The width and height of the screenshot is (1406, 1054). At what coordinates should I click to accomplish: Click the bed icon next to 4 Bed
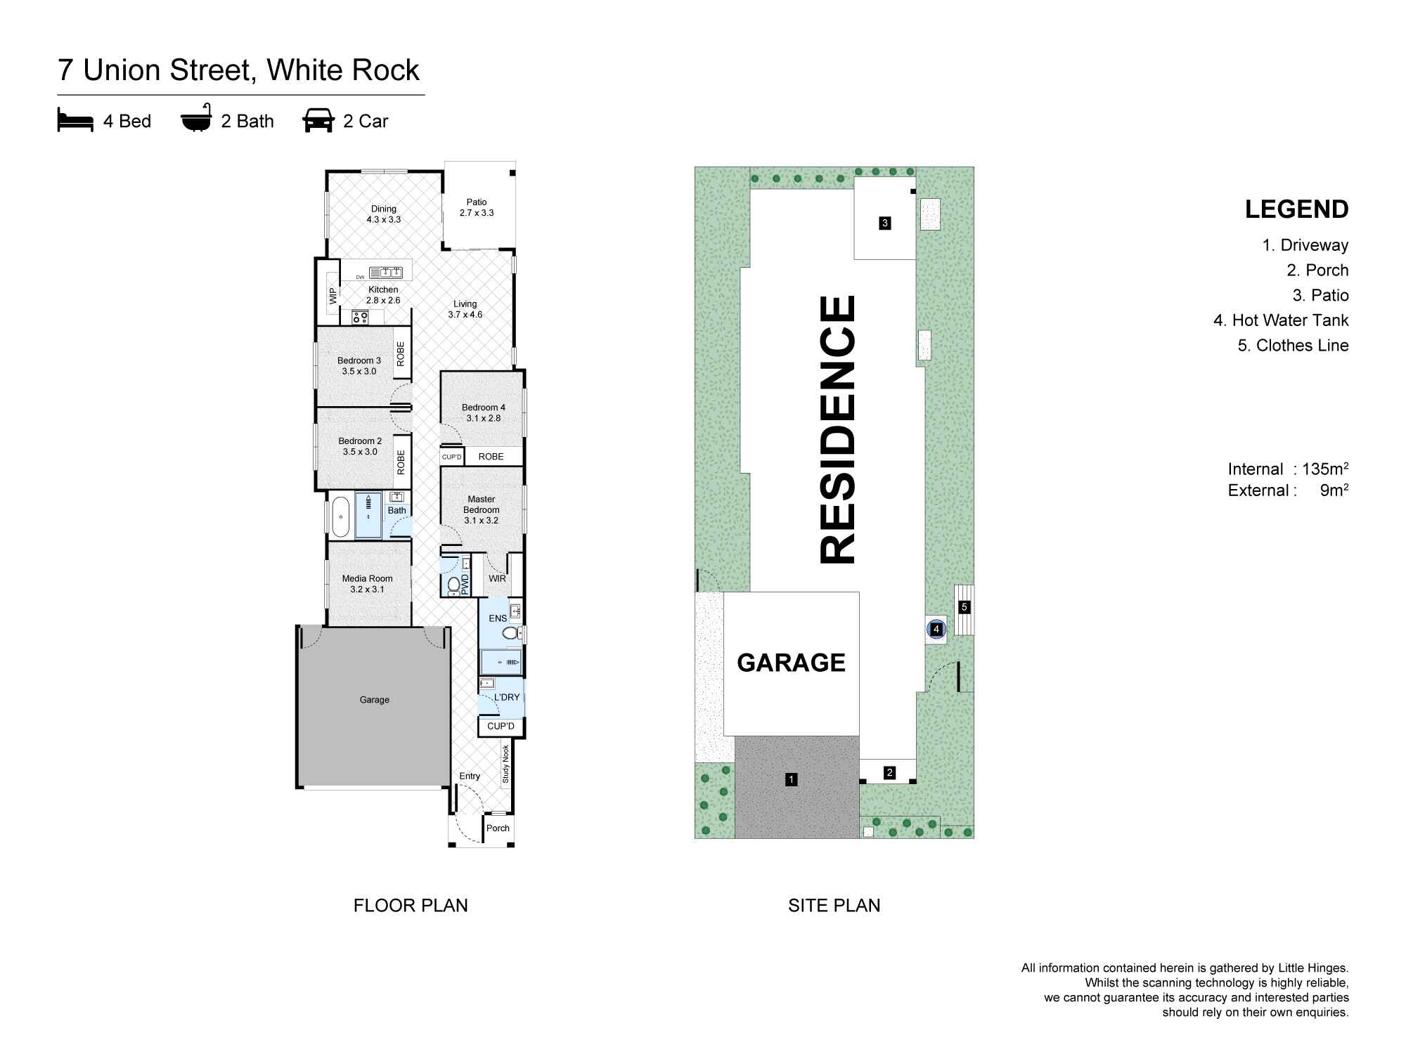[75, 121]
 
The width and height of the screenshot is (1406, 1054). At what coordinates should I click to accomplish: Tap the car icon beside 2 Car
[318, 121]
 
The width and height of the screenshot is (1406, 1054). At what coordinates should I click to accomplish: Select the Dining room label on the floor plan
[384, 214]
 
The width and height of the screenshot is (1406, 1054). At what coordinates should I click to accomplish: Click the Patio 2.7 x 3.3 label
[477, 207]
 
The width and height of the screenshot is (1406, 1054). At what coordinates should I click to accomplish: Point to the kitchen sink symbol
[385, 272]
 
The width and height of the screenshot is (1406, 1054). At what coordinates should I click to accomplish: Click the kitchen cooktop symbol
[360, 318]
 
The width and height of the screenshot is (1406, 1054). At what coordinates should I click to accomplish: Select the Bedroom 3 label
[359, 365]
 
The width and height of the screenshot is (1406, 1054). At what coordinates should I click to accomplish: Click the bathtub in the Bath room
[340, 516]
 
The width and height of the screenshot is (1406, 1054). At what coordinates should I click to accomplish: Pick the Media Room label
[367, 583]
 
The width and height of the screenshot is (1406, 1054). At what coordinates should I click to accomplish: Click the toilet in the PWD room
[453, 584]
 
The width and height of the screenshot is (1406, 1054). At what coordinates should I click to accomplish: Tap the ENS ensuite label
[498, 618]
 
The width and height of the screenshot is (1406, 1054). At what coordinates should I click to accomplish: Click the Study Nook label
[505, 765]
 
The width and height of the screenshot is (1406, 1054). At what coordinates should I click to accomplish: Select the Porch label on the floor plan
[498, 828]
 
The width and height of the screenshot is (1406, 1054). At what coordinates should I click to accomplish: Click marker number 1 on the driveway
[792, 779]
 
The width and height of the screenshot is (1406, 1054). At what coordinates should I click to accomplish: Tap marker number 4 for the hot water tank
[936, 630]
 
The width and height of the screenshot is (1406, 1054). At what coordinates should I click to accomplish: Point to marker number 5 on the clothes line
[965, 607]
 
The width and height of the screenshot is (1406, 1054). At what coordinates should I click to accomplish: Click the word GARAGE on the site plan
[791, 663]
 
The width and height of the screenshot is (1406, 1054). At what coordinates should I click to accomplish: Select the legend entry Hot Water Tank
[1281, 320]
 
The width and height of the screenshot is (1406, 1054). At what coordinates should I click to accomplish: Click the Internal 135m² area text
[1288, 469]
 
